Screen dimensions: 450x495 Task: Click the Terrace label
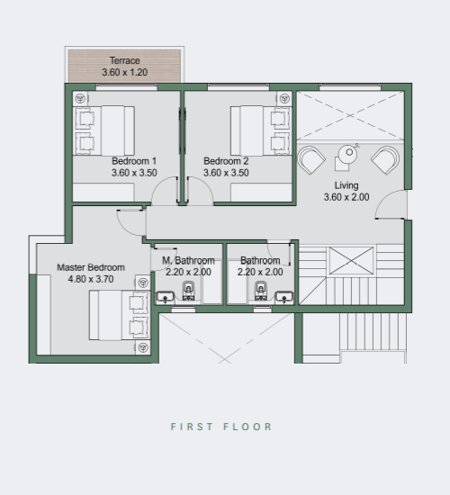pyautogui.click(x=125, y=60)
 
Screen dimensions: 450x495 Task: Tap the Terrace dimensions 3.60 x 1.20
pyautogui.click(x=125, y=72)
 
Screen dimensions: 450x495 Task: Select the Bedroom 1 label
pyautogui.click(x=134, y=161)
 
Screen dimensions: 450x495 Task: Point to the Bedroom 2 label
pyautogui.click(x=226, y=161)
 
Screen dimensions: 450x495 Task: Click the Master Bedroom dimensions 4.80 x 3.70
pyautogui.click(x=91, y=279)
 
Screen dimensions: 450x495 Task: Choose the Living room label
pyautogui.click(x=346, y=185)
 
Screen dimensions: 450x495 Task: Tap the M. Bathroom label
pyautogui.click(x=188, y=260)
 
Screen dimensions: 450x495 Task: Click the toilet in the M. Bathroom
pyautogui.click(x=188, y=291)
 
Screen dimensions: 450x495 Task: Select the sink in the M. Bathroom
pyautogui.click(x=165, y=297)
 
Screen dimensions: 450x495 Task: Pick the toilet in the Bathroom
pyautogui.click(x=261, y=291)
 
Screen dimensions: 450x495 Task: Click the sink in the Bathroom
pyautogui.click(x=284, y=297)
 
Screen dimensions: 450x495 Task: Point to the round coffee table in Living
pyautogui.click(x=347, y=153)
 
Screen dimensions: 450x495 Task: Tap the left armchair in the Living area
pyautogui.click(x=311, y=159)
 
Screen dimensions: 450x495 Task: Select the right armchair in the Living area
pyautogui.click(x=385, y=159)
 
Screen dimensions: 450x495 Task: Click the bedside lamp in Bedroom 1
pyautogui.click(x=80, y=98)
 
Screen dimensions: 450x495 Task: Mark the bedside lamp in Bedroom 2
pyautogui.click(x=284, y=98)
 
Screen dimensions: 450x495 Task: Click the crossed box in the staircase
pyautogui.click(x=351, y=261)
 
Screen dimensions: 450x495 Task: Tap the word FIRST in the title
pyautogui.click(x=192, y=427)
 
